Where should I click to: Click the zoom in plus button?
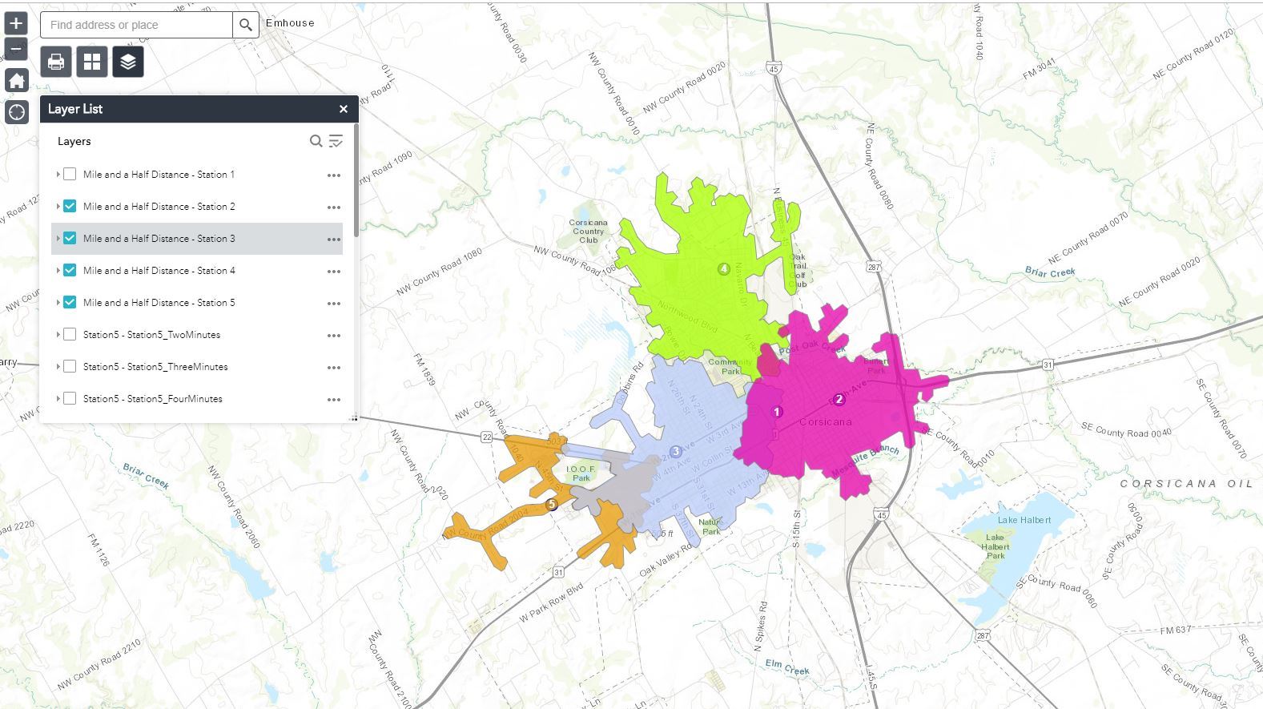click(16, 22)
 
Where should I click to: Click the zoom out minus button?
click(16, 50)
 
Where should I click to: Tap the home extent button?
click(16, 80)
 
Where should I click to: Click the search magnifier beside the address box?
click(246, 25)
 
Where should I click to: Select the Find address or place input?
click(137, 25)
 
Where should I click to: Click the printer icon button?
click(56, 62)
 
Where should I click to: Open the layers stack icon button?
click(128, 62)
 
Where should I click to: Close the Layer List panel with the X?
click(344, 109)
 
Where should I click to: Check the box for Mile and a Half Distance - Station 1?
click(70, 174)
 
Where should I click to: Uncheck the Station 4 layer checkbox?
click(70, 270)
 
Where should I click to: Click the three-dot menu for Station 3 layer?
click(334, 239)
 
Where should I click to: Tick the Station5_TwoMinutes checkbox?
click(70, 334)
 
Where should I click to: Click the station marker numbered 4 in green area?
click(723, 269)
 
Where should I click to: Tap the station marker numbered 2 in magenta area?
click(839, 399)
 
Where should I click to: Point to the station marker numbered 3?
click(676, 452)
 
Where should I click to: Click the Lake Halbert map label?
click(1024, 520)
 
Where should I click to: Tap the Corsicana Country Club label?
click(589, 232)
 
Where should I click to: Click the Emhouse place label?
click(290, 23)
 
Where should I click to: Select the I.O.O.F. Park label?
click(581, 473)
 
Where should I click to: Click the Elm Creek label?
click(786, 667)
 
